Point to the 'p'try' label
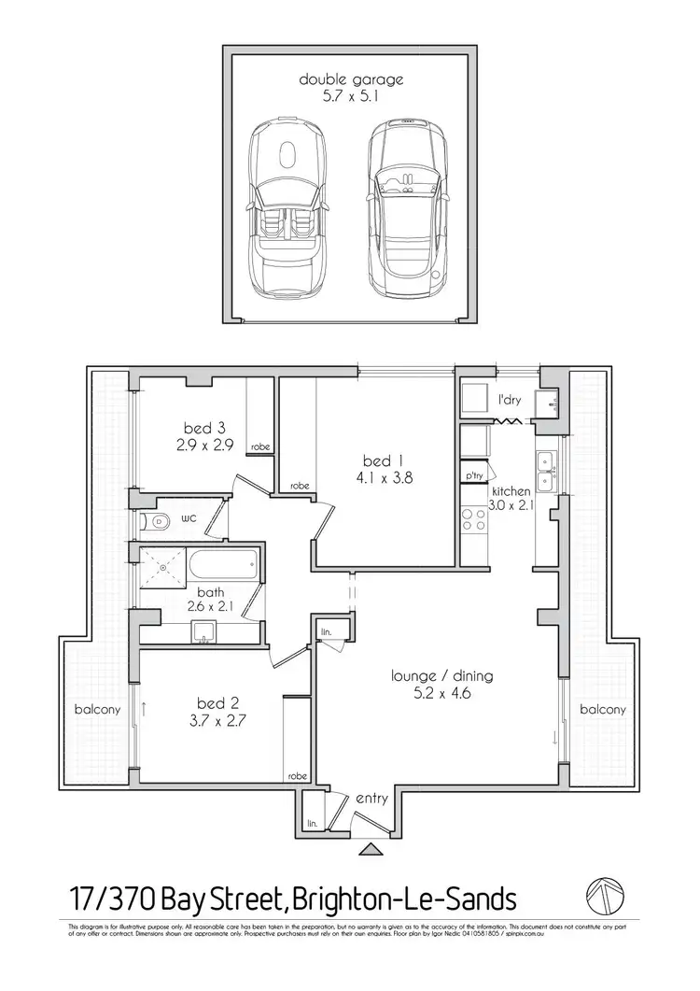(473, 476)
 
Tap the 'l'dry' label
(509, 400)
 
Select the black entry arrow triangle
(371, 849)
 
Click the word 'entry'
(372, 799)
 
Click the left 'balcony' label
(97, 710)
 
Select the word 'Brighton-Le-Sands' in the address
(404, 899)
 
